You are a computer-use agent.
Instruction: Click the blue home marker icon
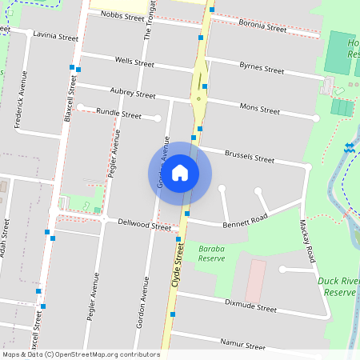coord(180,173)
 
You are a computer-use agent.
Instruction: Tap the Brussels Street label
coord(250,157)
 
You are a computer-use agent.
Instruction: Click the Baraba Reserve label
coord(211,254)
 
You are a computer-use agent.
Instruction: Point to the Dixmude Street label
coord(250,307)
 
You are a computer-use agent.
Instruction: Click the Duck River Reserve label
coord(336,287)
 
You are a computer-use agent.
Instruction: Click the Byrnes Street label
coord(262,70)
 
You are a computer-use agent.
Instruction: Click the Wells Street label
coord(134,61)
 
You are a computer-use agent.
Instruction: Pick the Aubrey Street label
coord(133,94)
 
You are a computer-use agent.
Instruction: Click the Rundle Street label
coord(118,114)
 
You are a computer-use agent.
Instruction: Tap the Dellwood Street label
coord(145,226)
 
